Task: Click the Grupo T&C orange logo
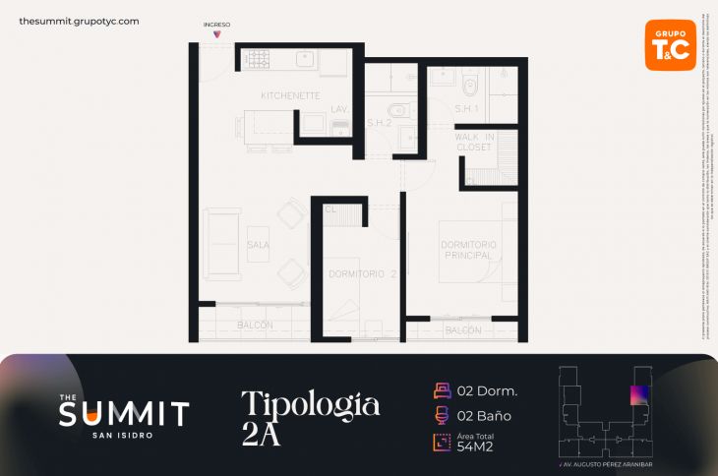tap(670, 45)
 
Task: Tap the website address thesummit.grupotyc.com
tap(79, 21)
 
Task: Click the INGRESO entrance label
tap(216, 24)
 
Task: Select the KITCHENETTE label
tap(290, 95)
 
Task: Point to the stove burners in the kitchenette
tap(258, 59)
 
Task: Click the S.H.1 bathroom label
tap(466, 108)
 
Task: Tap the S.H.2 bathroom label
tap(380, 122)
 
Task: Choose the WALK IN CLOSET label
tap(474, 142)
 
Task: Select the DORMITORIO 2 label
tap(362, 274)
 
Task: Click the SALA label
tap(259, 245)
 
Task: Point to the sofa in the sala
tap(221, 243)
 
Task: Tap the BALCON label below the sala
tap(255, 325)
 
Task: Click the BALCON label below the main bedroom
tap(462, 331)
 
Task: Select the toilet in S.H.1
tap(469, 81)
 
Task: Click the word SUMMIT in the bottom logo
tap(124, 413)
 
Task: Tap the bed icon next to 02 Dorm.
tap(442, 390)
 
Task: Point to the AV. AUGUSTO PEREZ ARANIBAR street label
tap(605, 463)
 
